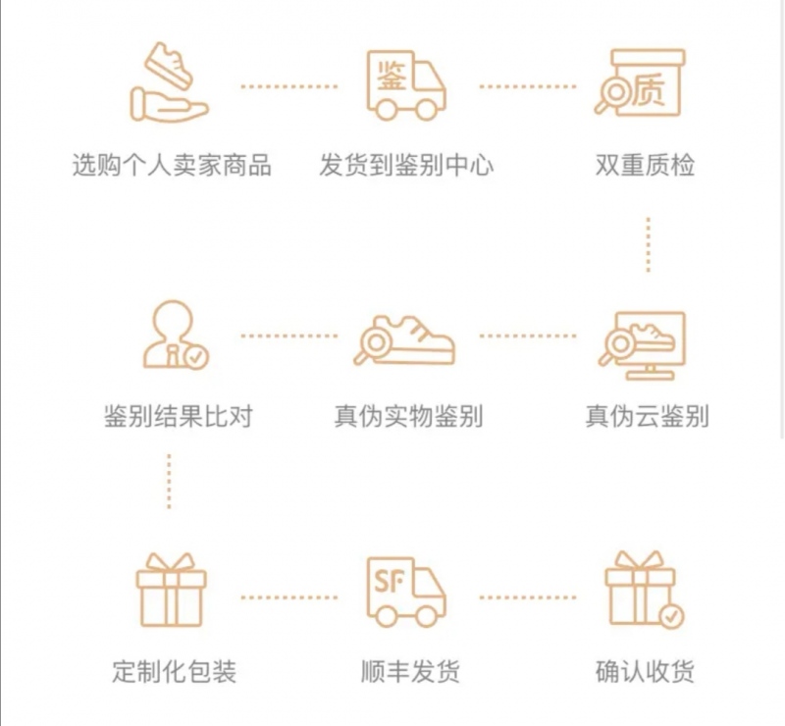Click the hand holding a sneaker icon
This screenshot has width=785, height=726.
pos(169,81)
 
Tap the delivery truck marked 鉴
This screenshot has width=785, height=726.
pos(406,85)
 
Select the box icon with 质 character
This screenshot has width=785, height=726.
pos(641,82)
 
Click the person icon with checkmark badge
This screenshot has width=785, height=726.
pos(176,335)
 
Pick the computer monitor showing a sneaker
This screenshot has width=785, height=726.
pos(643,345)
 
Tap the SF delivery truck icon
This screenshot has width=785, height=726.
pos(406,593)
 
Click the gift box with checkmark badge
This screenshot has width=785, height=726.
pos(645,590)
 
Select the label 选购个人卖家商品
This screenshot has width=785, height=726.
pos(172,165)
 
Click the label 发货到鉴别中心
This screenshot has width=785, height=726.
pos(406,165)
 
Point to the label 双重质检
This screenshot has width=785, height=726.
pos(645,165)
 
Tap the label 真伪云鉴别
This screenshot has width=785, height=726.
pos(647,416)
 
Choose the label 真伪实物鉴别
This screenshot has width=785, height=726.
pos(408,416)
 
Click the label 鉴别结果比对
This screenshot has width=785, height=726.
pos(179,416)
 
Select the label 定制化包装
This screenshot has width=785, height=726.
pos(174,671)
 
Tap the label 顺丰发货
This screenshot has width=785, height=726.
pos(410,671)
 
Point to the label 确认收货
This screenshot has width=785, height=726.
pos(645,671)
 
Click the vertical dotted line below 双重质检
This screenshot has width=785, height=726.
pos(649,245)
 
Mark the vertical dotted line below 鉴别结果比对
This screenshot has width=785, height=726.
pos(169,482)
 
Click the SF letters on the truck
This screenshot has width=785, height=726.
pos(389,582)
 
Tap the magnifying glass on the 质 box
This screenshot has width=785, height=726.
pos(610,95)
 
